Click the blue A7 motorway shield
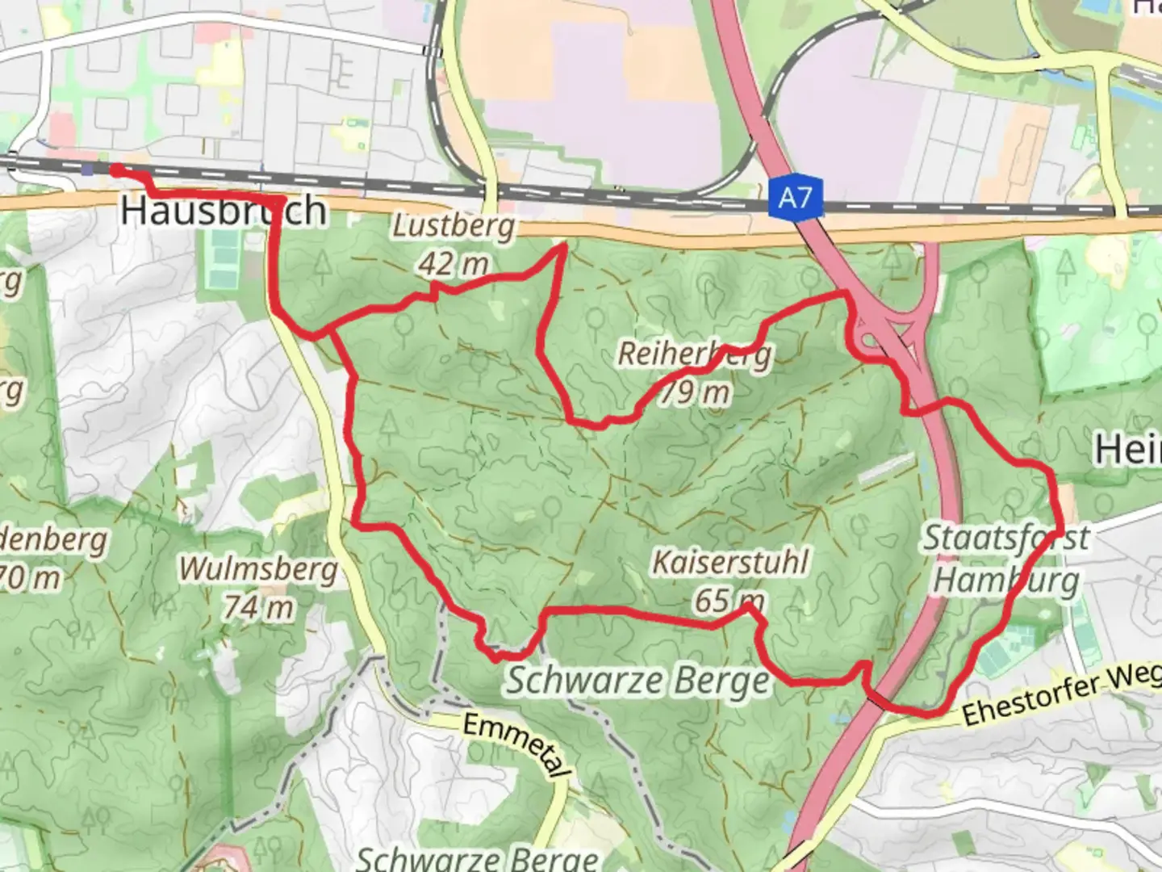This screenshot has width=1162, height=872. [795, 197]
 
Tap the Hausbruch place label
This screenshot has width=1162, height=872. [224, 211]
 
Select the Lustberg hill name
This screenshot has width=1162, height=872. [453, 227]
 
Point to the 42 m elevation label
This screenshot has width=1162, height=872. [453, 262]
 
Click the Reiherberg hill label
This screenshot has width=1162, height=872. [695, 354]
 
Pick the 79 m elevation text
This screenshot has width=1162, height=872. [695, 392]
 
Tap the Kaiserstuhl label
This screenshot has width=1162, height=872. [729, 562]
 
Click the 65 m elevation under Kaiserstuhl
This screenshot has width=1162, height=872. [729, 601]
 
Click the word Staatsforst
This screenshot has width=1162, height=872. [1005, 538]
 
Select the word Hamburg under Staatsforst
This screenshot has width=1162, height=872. [1005, 580]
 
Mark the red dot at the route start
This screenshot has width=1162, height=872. [117, 170]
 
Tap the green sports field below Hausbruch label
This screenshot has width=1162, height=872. [221, 258]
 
